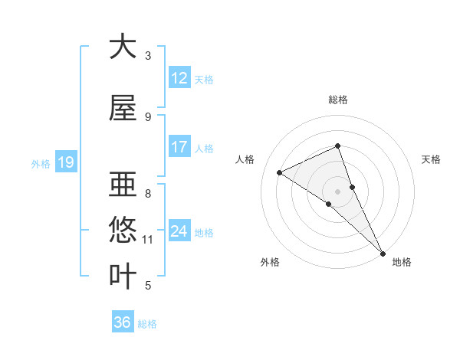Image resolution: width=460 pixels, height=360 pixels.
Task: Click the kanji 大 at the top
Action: click(123, 47)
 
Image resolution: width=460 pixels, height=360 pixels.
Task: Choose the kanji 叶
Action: click(123, 276)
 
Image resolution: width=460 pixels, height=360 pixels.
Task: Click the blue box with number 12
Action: click(179, 78)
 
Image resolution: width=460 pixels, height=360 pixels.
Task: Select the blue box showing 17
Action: click(179, 147)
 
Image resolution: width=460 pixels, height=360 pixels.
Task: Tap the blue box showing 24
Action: click(179, 231)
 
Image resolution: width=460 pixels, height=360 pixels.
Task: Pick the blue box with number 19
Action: click(65, 162)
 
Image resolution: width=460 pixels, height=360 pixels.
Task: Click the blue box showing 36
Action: click(123, 322)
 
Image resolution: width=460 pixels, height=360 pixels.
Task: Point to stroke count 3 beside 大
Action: click(148, 55)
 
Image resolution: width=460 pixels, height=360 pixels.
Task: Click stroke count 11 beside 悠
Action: click(148, 240)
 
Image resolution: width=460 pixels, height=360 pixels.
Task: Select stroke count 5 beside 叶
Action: click(148, 286)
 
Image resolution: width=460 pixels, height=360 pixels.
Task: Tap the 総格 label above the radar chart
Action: click(338, 100)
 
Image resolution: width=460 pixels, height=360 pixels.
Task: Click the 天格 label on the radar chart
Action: click(431, 159)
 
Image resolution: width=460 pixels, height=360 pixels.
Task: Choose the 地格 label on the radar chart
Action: click(402, 262)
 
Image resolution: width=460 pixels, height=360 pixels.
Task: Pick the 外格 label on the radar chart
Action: click(270, 262)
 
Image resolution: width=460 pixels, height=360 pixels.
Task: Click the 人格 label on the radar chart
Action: click(245, 159)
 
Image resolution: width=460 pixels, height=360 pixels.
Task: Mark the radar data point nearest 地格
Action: click(383, 252)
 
